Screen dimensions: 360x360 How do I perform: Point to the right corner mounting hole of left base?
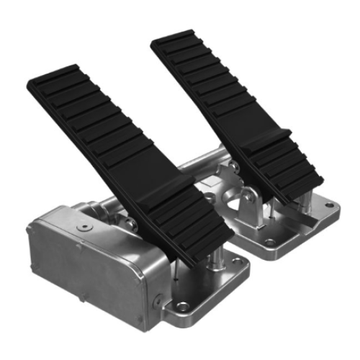tap(238, 271)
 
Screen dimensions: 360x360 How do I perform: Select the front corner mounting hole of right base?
tap(269, 243)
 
